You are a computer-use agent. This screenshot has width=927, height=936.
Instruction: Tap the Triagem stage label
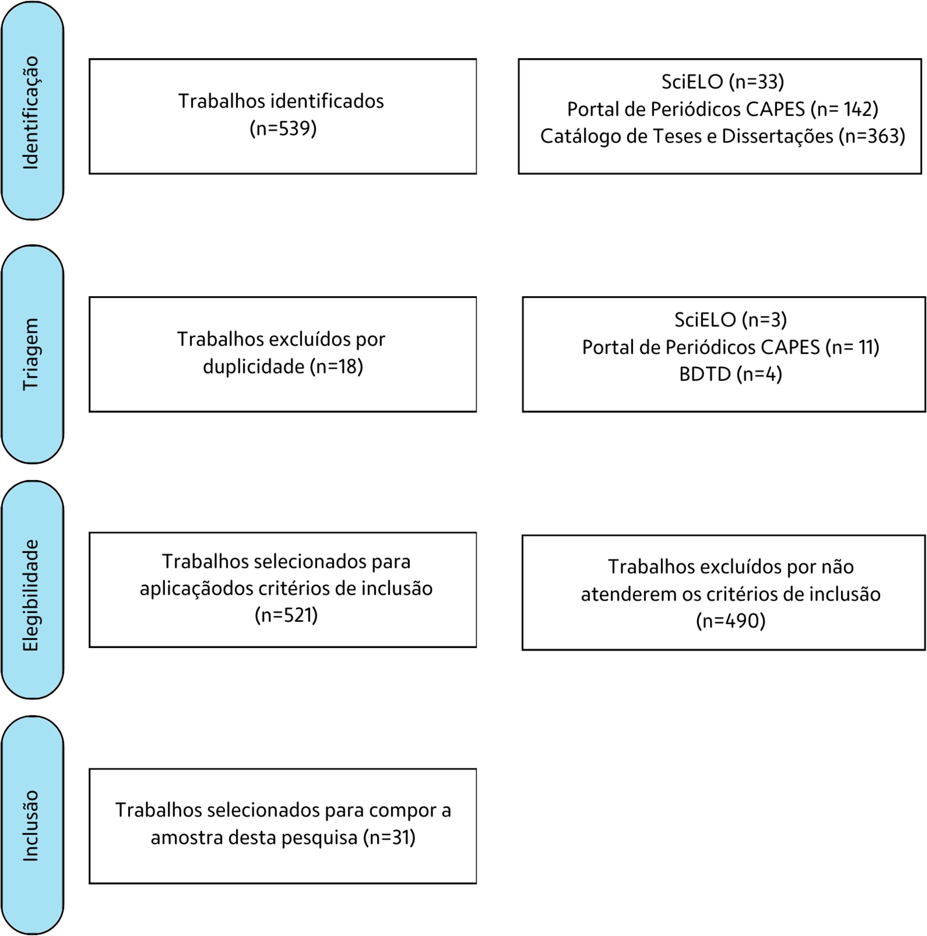coord(31,354)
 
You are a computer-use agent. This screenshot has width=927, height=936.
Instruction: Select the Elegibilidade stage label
coord(31,595)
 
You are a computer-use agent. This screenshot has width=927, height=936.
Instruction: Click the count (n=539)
coord(283,128)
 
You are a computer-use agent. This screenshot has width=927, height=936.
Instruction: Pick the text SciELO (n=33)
coord(723,81)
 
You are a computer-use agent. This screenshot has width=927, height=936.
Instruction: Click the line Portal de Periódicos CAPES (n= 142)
coord(723,109)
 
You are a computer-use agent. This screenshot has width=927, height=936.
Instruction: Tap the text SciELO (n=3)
coord(730,320)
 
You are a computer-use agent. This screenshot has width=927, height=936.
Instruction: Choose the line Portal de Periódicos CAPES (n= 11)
coord(730,347)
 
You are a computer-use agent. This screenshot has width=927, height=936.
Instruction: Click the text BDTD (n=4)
coord(730,374)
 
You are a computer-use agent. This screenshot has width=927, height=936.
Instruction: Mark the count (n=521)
coord(286,615)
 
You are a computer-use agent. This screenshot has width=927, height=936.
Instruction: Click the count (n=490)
coord(730,621)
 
